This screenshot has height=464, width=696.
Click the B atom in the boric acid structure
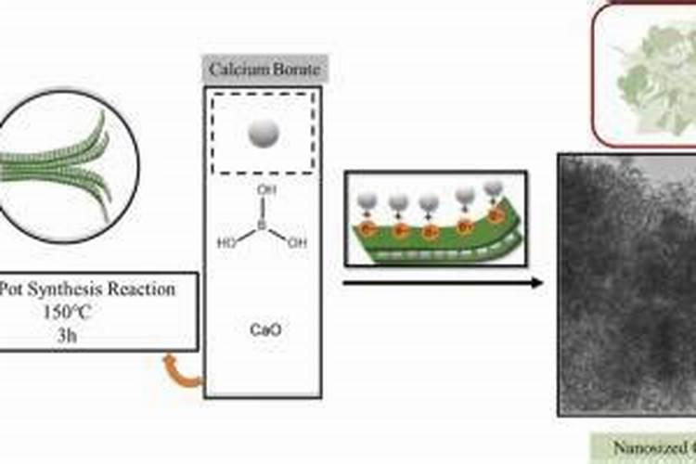coord(262,225)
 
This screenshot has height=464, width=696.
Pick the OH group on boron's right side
coord(296,244)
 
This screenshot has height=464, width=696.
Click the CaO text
coord(263,328)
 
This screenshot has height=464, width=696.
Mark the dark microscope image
coord(626,283)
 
